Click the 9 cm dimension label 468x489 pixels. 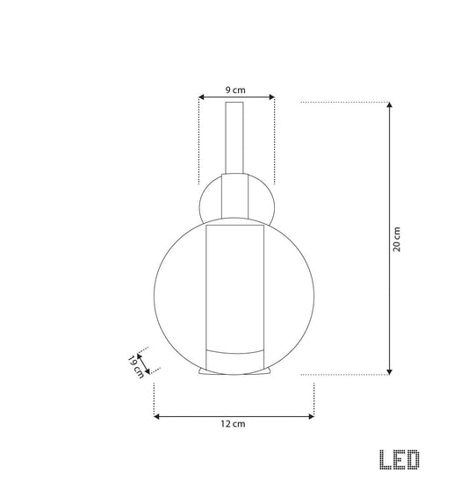coord(235,90)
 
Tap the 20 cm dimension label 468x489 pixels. coord(396,239)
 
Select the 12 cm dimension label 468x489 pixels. coord(233,424)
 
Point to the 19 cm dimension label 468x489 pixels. coord(135,367)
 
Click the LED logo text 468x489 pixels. coord(400,459)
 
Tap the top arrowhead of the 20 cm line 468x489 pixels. coord(389,104)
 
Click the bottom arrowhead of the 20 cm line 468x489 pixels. coord(389,371)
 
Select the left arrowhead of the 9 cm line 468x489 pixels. coord(202,97)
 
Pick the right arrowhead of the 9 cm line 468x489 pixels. coord(271,97)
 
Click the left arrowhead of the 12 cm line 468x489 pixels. coord(157,416)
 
